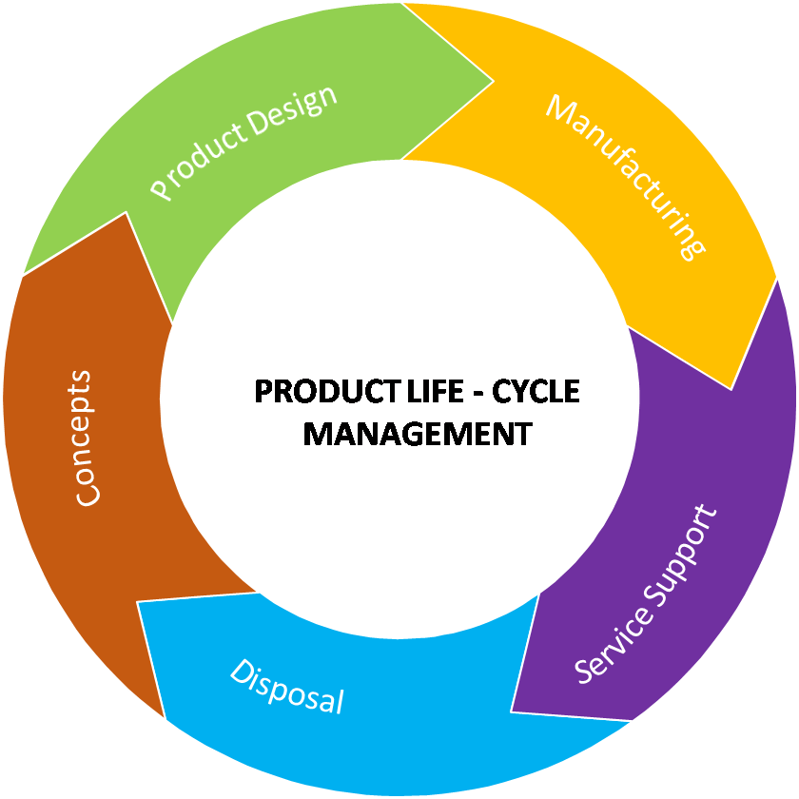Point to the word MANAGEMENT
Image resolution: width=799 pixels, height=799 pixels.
(x=418, y=434)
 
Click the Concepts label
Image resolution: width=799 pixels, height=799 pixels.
(x=85, y=438)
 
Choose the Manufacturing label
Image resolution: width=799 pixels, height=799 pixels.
(x=625, y=176)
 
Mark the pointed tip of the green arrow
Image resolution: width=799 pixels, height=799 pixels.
(x=493, y=82)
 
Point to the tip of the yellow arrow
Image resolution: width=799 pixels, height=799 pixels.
(x=731, y=389)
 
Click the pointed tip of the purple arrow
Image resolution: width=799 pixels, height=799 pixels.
(x=512, y=711)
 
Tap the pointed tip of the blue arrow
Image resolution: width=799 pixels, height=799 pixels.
(x=138, y=602)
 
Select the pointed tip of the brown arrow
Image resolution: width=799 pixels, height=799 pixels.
(x=126, y=213)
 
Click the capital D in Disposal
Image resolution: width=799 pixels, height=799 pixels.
(x=241, y=672)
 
